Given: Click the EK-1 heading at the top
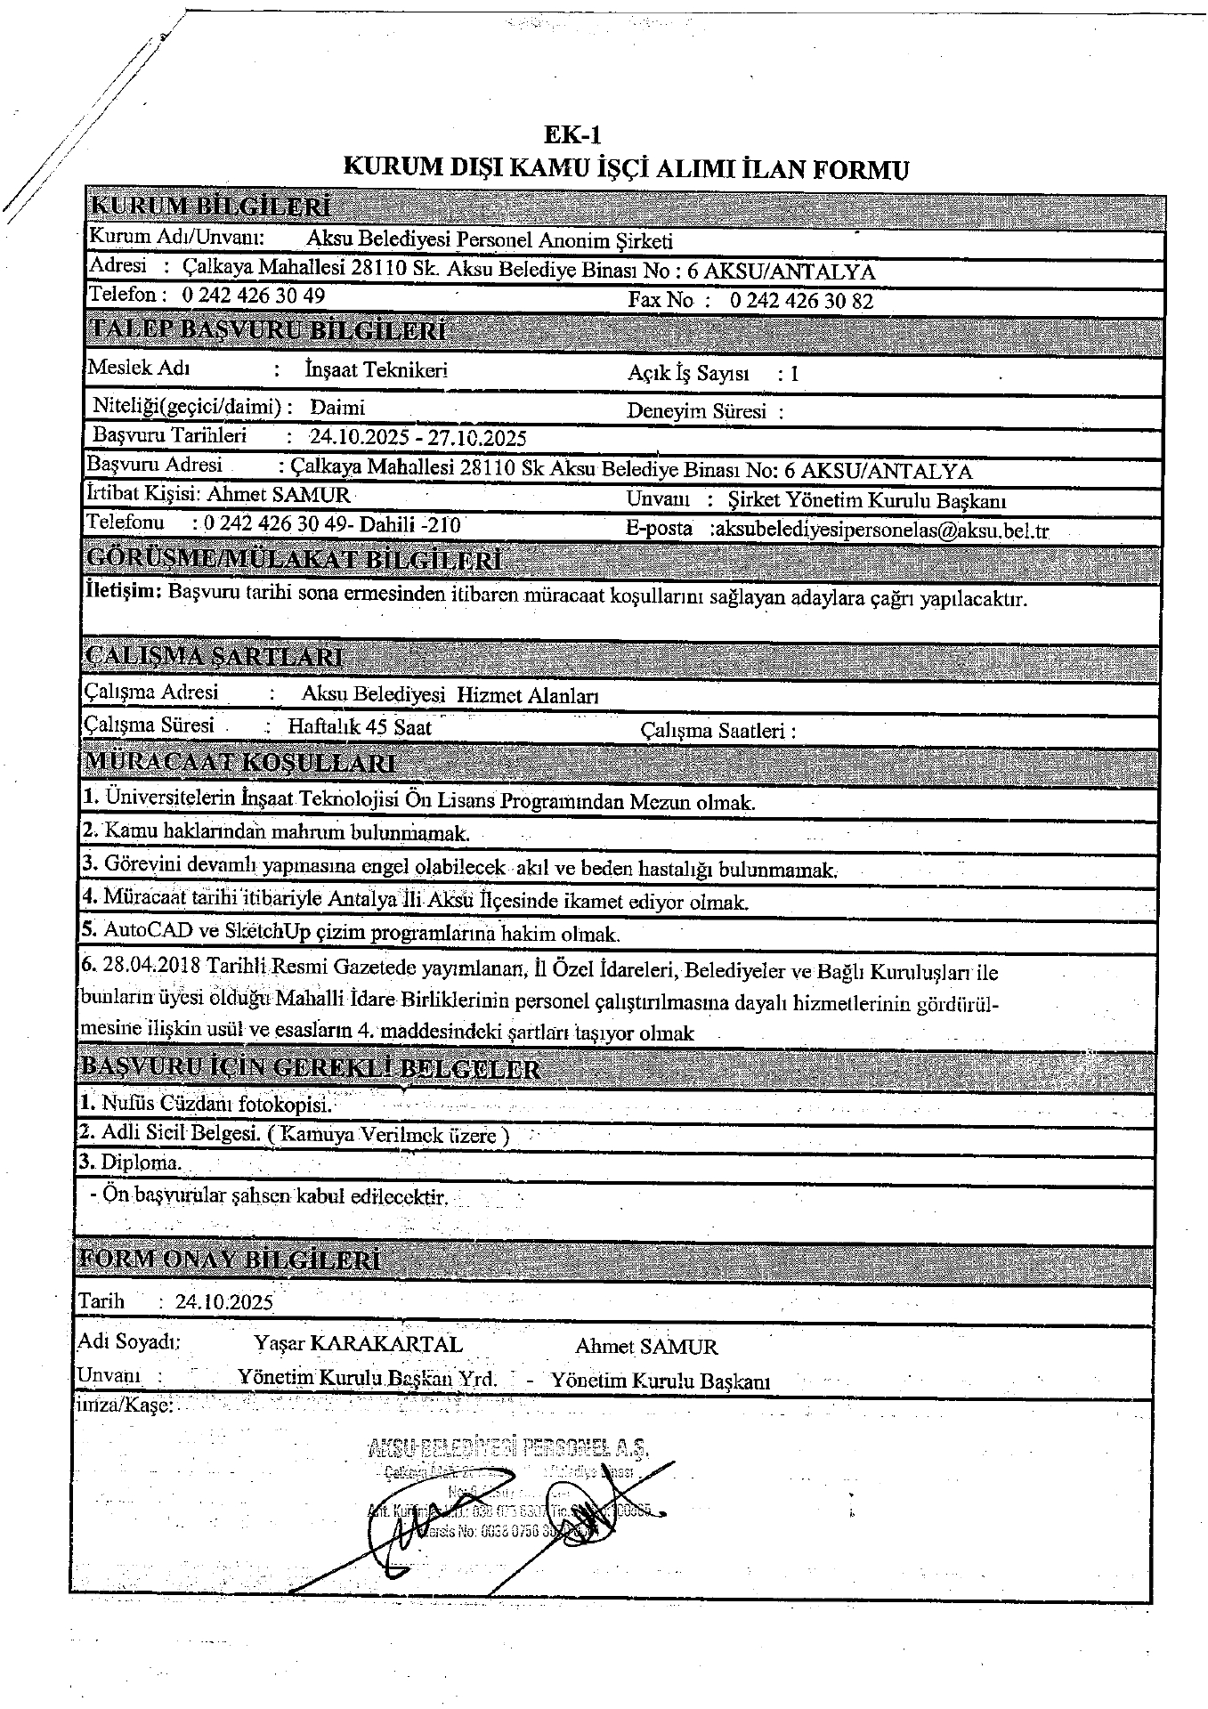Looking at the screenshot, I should click(573, 135).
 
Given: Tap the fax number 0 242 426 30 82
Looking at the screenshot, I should click(801, 301).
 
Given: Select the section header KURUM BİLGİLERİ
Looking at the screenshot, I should click(211, 207).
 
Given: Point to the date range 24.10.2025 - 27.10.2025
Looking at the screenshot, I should click(418, 438).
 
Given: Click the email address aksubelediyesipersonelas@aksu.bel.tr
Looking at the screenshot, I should click(881, 531).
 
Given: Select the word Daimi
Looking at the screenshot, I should click(337, 408).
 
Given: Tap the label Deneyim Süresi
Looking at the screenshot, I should click(698, 411).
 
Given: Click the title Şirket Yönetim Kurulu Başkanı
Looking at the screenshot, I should click(866, 501).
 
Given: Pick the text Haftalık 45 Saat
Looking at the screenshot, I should click(360, 727).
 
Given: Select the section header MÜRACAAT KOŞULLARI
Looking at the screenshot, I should click(239, 763).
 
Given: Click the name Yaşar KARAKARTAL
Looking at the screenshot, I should click(358, 1344).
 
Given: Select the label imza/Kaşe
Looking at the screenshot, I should click(125, 1406).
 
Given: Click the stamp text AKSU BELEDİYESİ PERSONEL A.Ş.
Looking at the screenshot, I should click(507, 1448).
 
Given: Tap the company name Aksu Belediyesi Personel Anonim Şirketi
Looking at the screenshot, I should click(490, 240).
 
